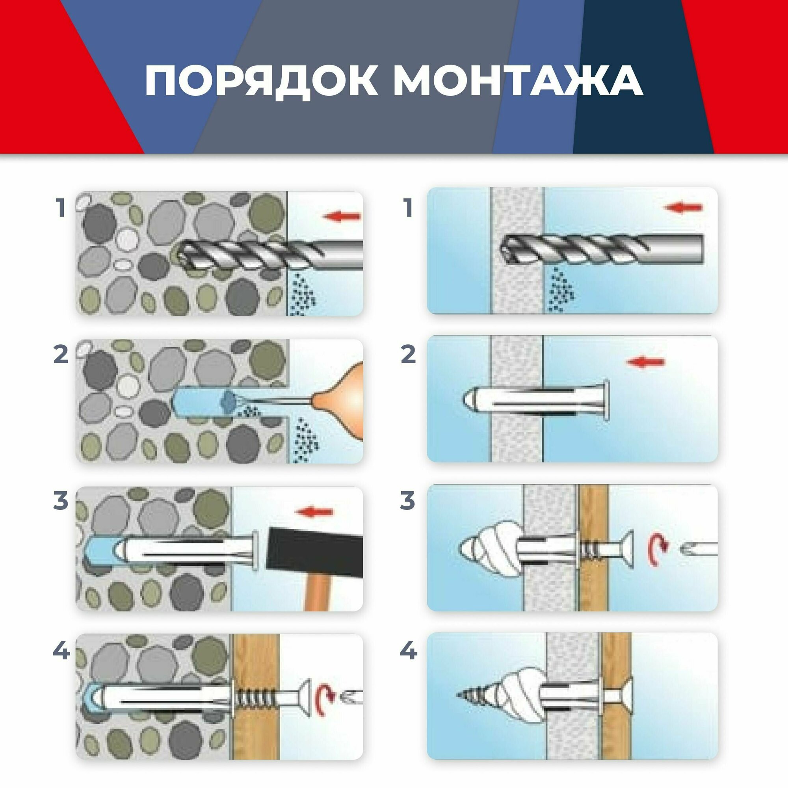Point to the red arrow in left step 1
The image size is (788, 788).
click(341, 217)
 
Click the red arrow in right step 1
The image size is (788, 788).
click(684, 208)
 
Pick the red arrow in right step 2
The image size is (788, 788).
click(646, 362)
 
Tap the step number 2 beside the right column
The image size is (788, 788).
click(408, 355)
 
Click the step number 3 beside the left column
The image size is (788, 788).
click(61, 501)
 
